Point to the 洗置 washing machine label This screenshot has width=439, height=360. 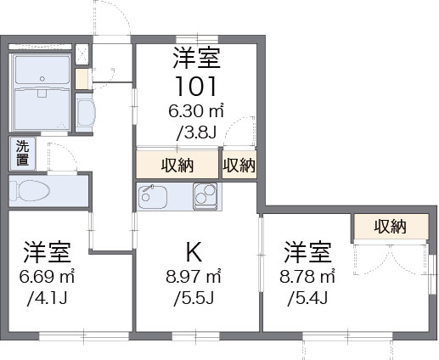tap(21, 152)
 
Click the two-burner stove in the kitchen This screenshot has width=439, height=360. tap(205, 196)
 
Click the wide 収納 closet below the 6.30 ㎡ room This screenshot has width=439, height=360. tap(177, 166)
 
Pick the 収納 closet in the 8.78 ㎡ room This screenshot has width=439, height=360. tap(390, 226)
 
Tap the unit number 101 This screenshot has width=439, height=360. tap(196, 86)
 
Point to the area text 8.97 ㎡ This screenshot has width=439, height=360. tap(194, 277)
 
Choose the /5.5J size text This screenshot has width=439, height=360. tap(194, 298)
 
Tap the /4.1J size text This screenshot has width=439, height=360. tap(48, 298)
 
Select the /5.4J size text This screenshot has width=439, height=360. tap(307, 298)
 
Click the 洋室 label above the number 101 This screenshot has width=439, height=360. tap(197, 58)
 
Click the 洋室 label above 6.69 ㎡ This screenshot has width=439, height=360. tap(47, 252)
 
